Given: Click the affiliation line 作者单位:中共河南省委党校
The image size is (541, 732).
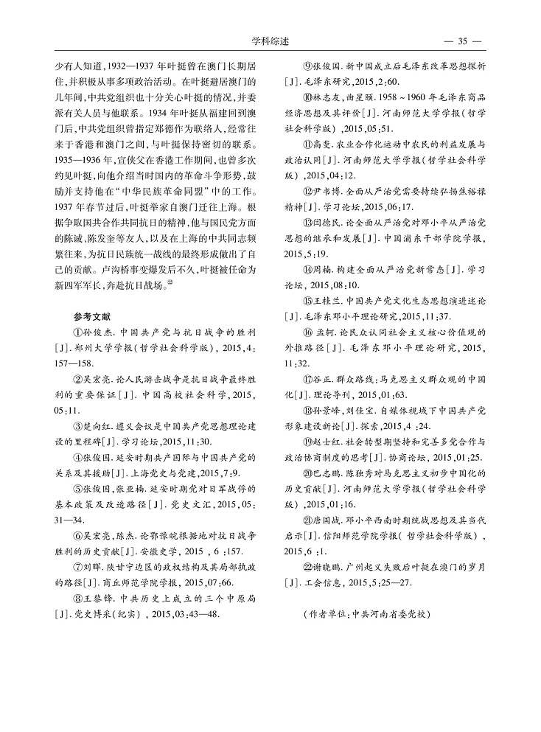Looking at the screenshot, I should tap(366, 613).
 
